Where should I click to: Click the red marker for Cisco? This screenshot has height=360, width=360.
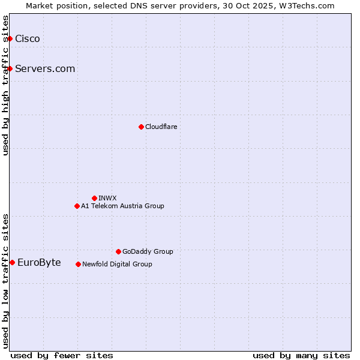(x=10, y=38)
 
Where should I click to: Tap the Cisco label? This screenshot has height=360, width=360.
(x=28, y=39)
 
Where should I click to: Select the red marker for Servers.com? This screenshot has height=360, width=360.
(x=10, y=68)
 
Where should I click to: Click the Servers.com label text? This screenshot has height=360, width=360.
(x=45, y=69)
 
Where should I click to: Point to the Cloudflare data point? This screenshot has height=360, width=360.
(x=141, y=127)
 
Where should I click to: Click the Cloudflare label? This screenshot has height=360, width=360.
(x=161, y=127)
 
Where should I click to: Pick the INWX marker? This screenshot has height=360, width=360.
(x=94, y=198)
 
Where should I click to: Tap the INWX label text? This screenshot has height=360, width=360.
(x=107, y=199)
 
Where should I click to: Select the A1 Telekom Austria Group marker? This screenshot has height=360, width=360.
(x=77, y=206)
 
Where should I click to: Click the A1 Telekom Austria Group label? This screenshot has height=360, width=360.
(x=122, y=206)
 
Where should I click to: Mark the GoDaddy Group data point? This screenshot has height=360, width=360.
(x=118, y=251)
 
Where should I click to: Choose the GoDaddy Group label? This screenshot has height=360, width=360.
(x=148, y=252)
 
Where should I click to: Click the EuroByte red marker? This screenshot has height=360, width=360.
(x=12, y=262)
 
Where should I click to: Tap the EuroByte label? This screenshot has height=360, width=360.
(x=39, y=263)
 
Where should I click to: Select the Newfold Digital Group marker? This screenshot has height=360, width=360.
(x=78, y=264)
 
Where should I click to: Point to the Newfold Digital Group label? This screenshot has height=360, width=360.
(x=117, y=265)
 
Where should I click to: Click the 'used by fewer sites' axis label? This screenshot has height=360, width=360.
(x=62, y=356)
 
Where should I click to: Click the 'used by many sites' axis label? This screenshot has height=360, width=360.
(x=301, y=356)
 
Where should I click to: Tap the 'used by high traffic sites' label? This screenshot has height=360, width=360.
(x=6, y=85)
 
